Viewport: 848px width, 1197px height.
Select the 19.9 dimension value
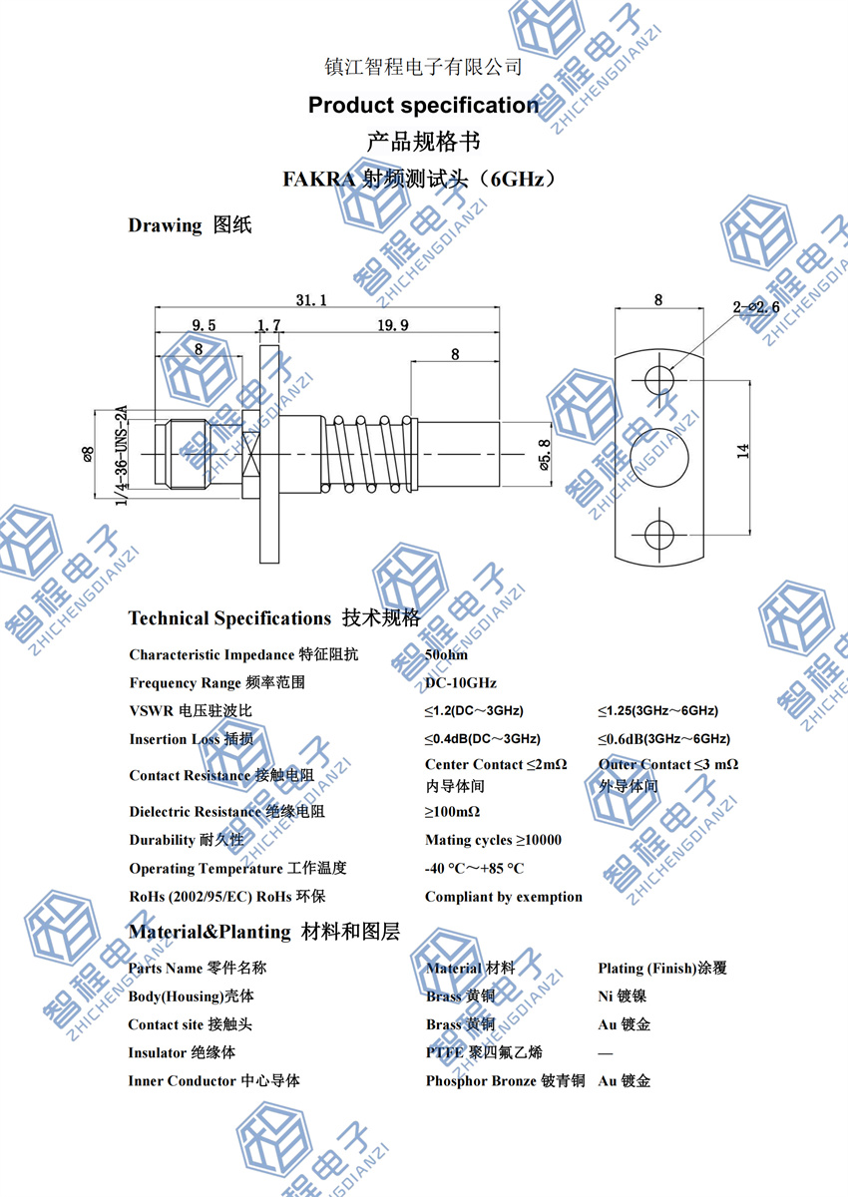[392, 325]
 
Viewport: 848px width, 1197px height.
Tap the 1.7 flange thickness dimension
[268, 325]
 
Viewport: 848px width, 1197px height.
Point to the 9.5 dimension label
[203, 325]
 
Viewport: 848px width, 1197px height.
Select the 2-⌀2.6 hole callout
[755, 308]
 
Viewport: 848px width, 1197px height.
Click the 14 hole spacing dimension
[743, 452]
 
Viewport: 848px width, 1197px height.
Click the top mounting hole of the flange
[658, 379]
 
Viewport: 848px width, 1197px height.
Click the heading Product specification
[423, 105]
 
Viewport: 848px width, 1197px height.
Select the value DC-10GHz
[460, 683]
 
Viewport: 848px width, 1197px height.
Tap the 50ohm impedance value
[446, 655]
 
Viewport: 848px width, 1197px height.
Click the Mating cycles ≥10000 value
[493, 840]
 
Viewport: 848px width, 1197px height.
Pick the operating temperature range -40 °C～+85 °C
[474, 869]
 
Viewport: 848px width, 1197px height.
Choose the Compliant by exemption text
[503, 897]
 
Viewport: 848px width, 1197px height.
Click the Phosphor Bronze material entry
[505, 1080]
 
